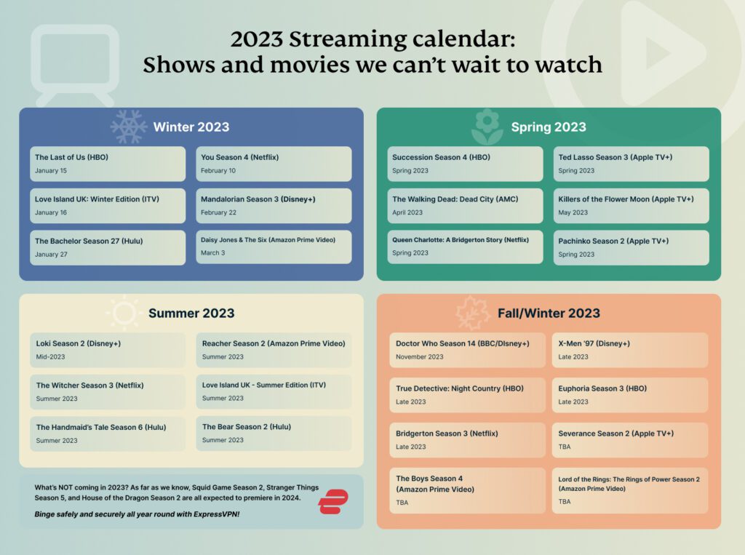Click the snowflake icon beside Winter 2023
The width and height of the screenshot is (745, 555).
click(x=129, y=127)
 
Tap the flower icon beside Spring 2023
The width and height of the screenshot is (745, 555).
click(x=487, y=127)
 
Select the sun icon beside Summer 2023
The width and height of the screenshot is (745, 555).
click(x=124, y=313)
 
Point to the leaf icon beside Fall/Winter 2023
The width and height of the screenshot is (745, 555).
click(x=473, y=313)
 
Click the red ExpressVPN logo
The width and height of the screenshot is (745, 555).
click(x=333, y=502)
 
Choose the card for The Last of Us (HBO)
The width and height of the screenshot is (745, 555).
click(x=108, y=164)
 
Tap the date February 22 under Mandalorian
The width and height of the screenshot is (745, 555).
click(x=218, y=212)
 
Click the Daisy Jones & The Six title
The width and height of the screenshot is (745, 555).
click(x=268, y=239)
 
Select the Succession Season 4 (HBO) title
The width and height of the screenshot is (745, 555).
click(x=441, y=157)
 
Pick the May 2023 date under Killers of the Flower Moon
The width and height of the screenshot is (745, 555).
click(x=573, y=212)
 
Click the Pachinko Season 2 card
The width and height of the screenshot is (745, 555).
click(x=631, y=247)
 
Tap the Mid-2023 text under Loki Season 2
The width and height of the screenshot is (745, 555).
click(x=51, y=356)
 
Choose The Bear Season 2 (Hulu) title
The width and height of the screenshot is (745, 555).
click(x=247, y=427)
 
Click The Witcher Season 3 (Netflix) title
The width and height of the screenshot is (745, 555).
click(x=89, y=386)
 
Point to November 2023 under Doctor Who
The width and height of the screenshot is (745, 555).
click(x=420, y=356)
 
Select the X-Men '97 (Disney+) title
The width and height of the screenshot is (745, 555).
click(x=594, y=343)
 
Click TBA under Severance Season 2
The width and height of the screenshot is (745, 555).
click(x=565, y=447)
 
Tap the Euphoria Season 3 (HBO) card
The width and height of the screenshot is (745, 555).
click(x=629, y=394)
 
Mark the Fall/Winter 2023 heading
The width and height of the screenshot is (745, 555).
click(x=549, y=314)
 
